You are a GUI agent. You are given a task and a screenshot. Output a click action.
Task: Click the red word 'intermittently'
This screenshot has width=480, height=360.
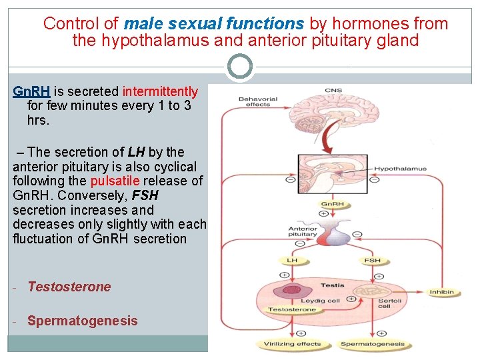[160, 91]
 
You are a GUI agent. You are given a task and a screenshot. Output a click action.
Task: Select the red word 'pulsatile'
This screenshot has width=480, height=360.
[115, 181]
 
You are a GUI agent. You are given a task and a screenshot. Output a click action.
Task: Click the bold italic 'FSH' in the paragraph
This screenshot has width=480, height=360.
[145, 195]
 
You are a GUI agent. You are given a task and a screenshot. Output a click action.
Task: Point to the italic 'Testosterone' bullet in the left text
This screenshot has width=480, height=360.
[69, 287]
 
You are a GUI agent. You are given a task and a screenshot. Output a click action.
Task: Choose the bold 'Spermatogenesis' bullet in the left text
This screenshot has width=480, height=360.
[82, 321]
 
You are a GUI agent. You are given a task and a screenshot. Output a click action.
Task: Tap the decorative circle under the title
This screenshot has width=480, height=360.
[240, 67]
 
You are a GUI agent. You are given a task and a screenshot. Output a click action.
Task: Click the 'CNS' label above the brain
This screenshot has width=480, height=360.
[333, 91]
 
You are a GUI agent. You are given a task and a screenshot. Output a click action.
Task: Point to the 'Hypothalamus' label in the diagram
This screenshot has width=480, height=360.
[399, 169]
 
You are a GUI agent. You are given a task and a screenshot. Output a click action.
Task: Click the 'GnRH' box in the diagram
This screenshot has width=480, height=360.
[333, 204]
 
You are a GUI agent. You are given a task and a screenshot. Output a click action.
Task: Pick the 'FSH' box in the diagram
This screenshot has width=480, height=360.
[372, 261]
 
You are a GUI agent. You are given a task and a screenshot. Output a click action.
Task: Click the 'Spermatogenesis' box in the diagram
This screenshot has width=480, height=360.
[372, 345]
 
